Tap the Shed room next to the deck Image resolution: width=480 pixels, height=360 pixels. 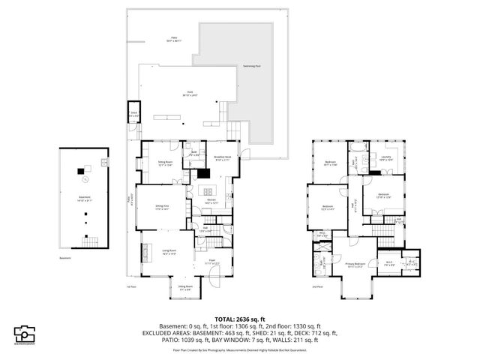pyautogui.click(x=134, y=115)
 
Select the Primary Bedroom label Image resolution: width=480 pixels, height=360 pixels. pyautogui.click(x=354, y=265)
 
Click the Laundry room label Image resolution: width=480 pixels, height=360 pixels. pyautogui.click(x=385, y=158)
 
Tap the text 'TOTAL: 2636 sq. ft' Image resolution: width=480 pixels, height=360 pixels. pyautogui.click(x=239, y=318)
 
